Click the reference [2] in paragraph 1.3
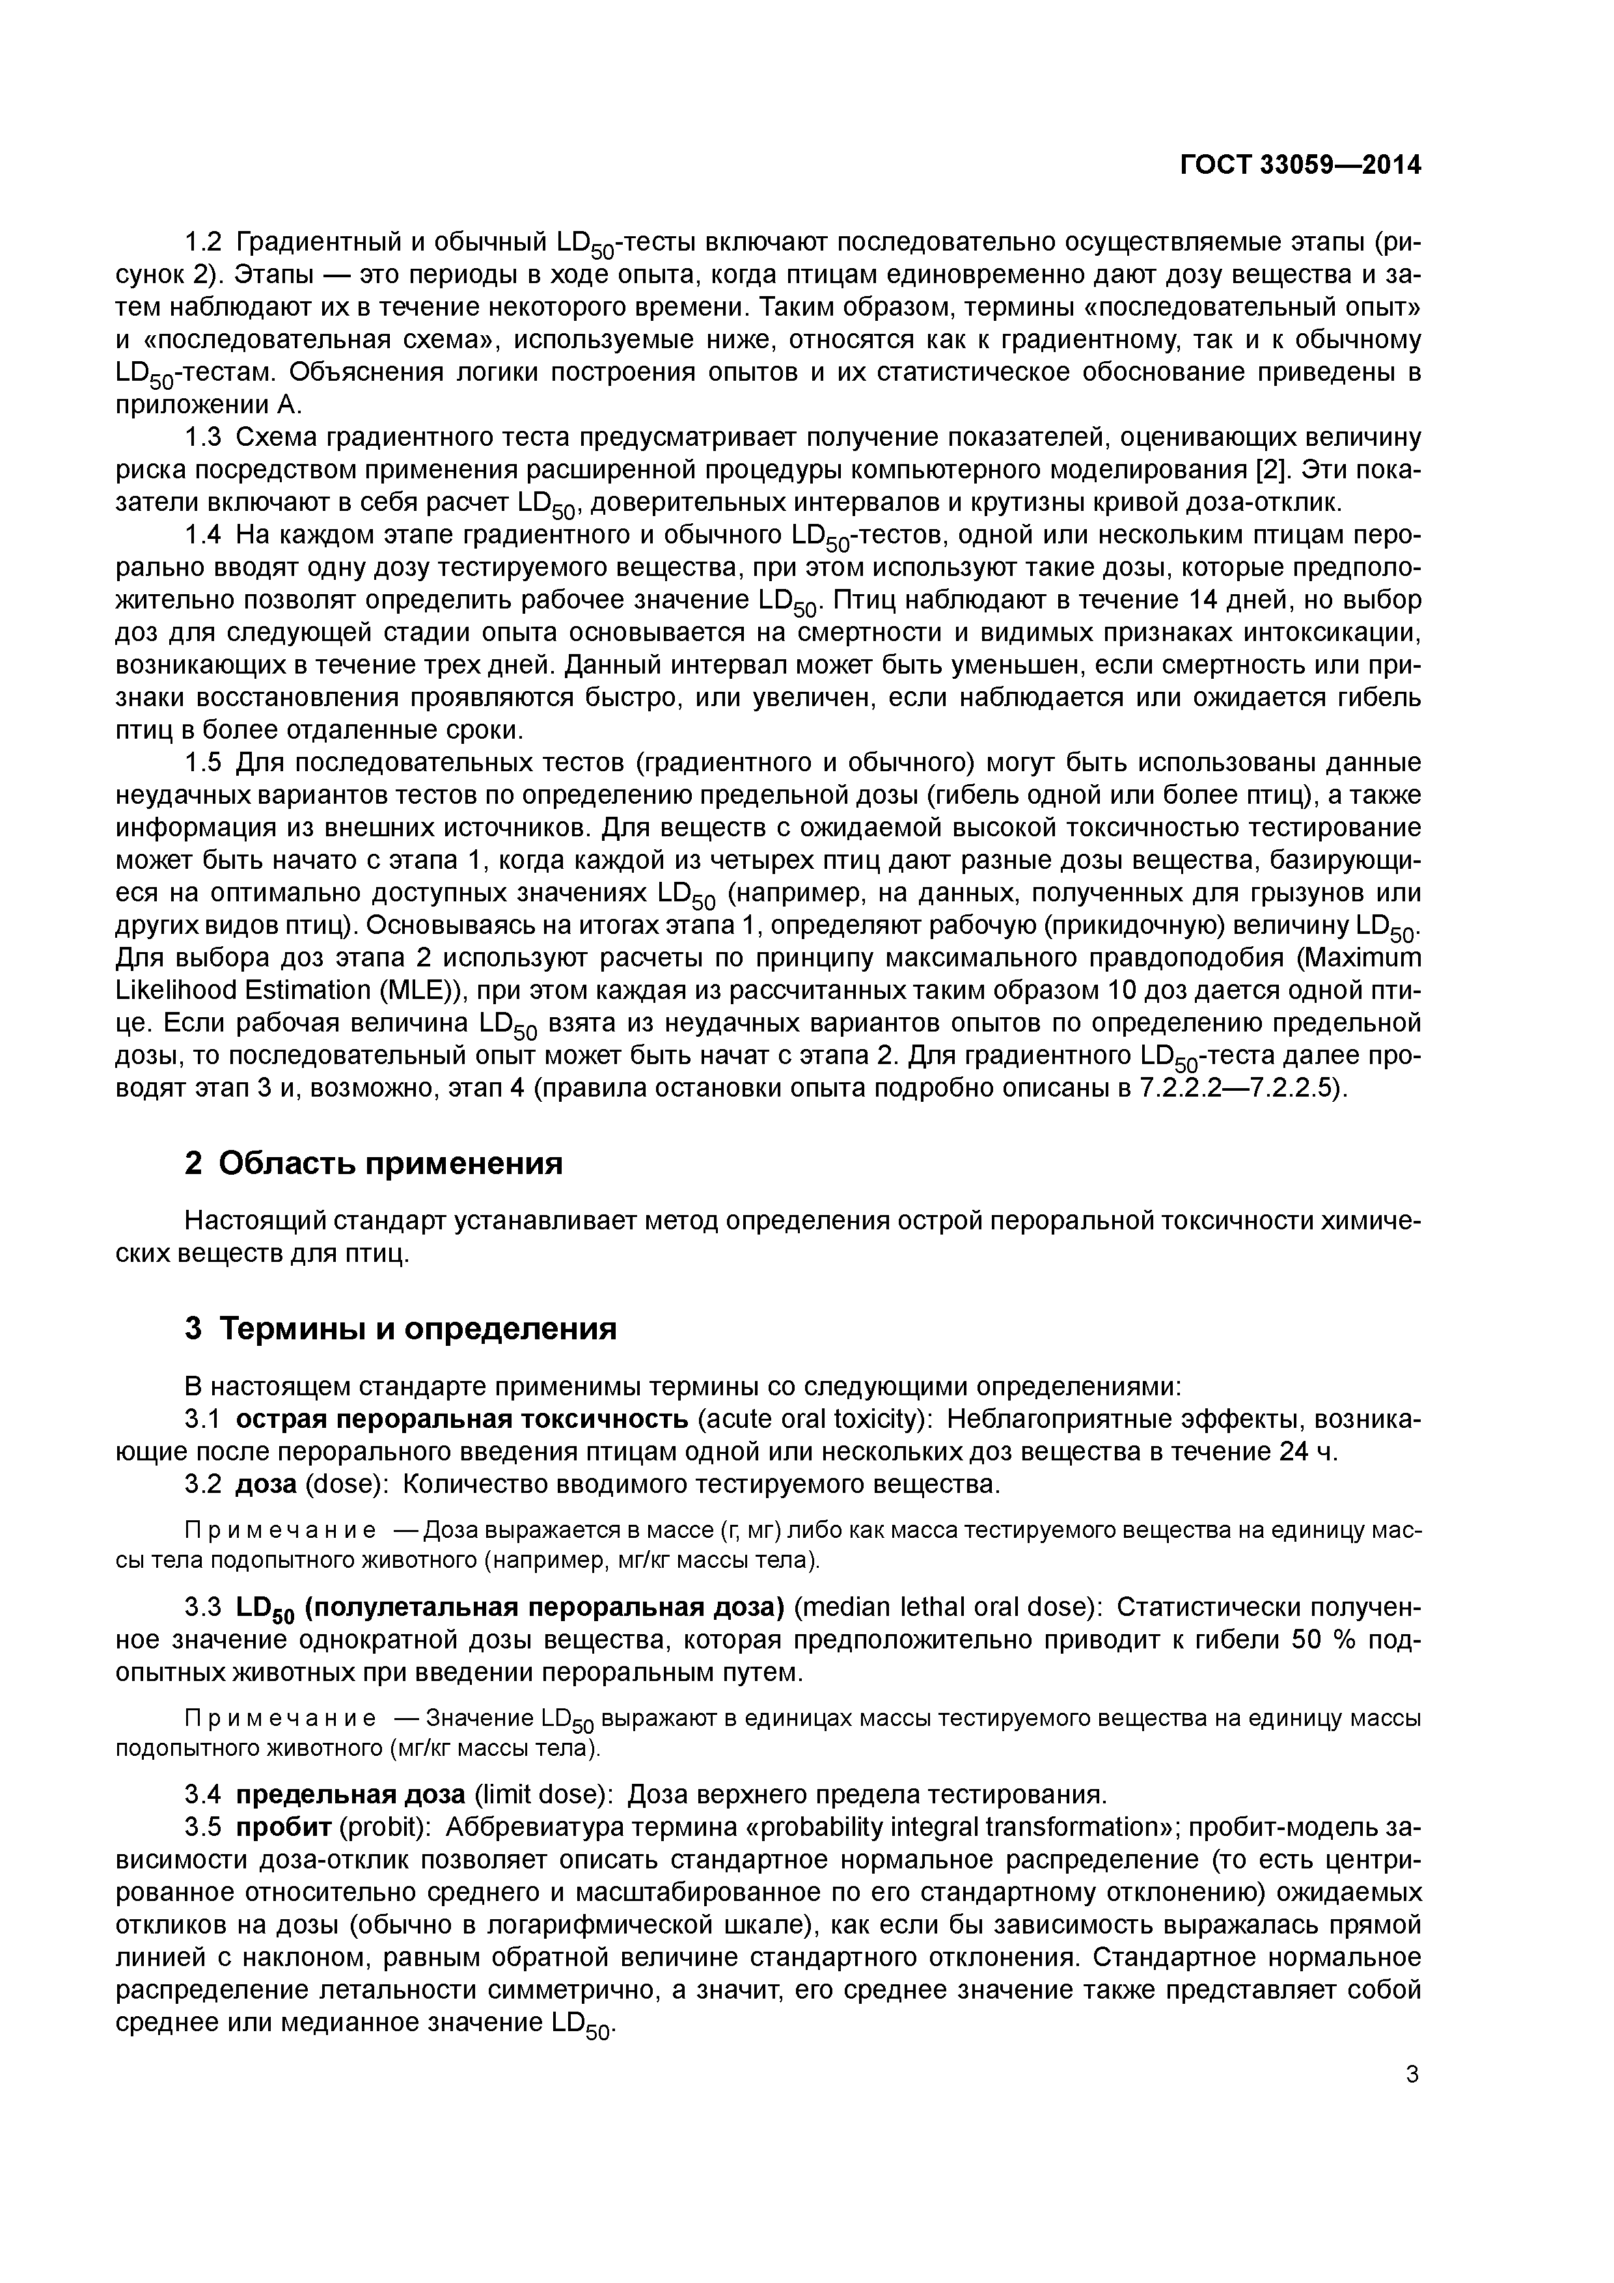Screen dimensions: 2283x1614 click(x=1274, y=469)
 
